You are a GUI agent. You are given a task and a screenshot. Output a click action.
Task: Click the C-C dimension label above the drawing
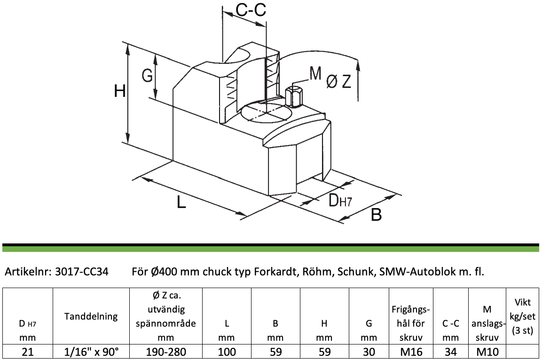(x=251, y=10)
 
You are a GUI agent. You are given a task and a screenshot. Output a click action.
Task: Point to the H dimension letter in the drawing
(x=120, y=92)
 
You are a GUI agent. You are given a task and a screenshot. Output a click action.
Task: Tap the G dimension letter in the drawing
(x=147, y=75)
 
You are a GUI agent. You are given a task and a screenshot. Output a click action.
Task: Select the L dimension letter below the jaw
(x=181, y=202)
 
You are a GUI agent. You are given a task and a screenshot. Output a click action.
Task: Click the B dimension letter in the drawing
(x=376, y=214)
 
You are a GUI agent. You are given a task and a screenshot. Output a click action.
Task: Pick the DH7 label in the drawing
(x=340, y=200)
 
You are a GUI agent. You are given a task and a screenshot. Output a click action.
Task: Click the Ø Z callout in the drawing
(x=339, y=81)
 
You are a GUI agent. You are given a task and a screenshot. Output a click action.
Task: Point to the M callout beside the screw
(x=315, y=73)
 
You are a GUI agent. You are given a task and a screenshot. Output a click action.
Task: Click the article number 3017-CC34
(x=82, y=272)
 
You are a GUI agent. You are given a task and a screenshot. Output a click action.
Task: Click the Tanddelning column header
(x=91, y=316)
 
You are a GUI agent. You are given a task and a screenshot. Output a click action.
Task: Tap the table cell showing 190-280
(x=166, y=352)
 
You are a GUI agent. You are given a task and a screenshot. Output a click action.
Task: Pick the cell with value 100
(x=227, y=352)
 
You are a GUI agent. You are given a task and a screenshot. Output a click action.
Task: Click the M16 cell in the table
(x=411, y=352)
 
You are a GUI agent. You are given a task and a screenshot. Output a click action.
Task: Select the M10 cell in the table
(x=487, y=352)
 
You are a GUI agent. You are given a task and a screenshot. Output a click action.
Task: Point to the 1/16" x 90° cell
(x=91, y=352)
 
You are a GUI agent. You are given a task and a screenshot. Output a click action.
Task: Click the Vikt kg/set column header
(x=522, y=316)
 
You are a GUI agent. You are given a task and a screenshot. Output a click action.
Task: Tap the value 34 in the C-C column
(x=451, y=352)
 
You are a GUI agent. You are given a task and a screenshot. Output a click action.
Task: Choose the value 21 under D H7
(x=28, y=352)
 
